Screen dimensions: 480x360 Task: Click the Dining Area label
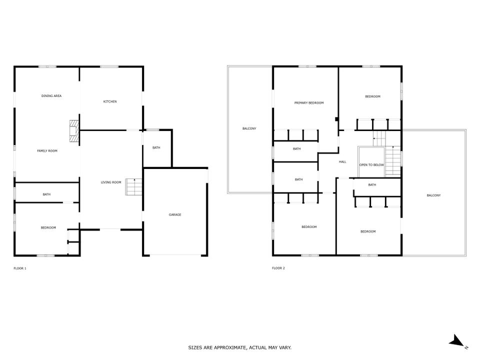(51, 96)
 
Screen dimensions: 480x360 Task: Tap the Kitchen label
(110, 101)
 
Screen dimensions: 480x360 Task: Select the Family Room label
(47, 150)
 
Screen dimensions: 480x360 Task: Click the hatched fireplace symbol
(74, 130)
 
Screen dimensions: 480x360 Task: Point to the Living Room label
(111, 182)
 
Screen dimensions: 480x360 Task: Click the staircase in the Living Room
(134, 186)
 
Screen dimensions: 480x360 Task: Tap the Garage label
(175, 214)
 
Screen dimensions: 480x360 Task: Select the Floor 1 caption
(20, 268)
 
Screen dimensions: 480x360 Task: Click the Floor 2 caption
(278, 268)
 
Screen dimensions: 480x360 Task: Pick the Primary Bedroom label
(309, 103)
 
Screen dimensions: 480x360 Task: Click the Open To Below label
(371, 164)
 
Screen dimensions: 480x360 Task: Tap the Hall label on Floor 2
(342, 161)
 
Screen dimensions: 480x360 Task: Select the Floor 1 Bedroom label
(48, 227)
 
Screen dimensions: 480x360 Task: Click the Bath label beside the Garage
(156, 147)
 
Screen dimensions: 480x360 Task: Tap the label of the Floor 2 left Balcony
(249, 128)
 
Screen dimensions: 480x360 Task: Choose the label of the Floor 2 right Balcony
(434, 195)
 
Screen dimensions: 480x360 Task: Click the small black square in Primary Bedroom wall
(336, 119)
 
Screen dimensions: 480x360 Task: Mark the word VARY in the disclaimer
(285, 347)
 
